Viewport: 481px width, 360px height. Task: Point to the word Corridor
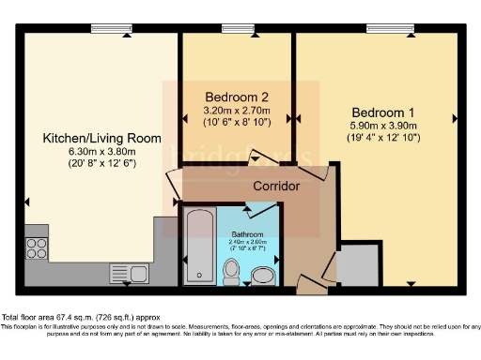(x=276, y=187)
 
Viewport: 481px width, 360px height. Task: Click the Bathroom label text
(x=249, y=233)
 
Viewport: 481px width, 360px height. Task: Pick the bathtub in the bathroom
(x=198, y=247)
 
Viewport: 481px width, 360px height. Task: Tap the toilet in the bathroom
(x=231, y=272)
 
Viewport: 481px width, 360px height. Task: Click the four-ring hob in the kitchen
(x=37, y=248)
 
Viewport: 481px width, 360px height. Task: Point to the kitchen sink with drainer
(x=129, y=274)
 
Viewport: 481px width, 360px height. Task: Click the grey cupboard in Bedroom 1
(x=359, y=265)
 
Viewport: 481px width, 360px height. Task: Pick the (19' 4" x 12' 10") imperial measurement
(x=382, y=137)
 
